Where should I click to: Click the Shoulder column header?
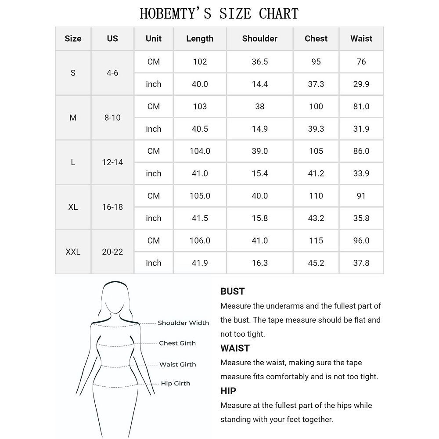click(x=259, y=39)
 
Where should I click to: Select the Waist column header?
click(x=361, y=39)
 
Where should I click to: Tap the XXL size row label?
click(x=73, y=252)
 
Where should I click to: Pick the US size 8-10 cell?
click(x=112, y=118)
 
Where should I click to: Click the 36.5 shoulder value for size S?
click(x=259, y=62)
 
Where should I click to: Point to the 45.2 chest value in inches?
click(x=316, y=263)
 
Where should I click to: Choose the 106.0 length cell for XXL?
click(x=200, y=241)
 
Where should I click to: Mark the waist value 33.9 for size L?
click(x=361, y=173)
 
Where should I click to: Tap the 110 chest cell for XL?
click(x=316, y=196)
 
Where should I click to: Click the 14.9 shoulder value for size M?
click(x=259, y=129)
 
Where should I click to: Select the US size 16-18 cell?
click(x=112, y=207)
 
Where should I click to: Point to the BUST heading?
click(x=232, y=291)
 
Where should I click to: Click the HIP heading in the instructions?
click(x=228, y=391)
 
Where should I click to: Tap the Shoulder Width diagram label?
click(x=183, y=323)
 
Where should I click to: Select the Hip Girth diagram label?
click(x=176, y=384)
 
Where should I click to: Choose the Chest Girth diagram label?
click(x=177, y=343)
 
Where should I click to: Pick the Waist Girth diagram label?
click(x=177, y=364)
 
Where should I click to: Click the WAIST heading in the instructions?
click(x=235, y=348)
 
